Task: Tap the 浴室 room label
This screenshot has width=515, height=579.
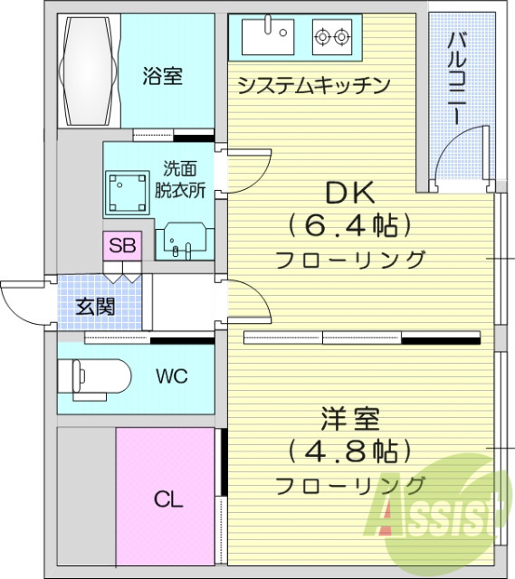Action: pyautogui.click(x=162, y=76)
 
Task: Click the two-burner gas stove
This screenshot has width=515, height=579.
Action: pyautogui.click(x=331, y=37)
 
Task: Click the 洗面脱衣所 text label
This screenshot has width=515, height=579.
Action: pyautogui.click(x=180, y=178)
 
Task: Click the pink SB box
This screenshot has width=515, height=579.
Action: pyautogui.click(x=120, y=245)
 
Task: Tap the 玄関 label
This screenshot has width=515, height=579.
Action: pyautogui.click(x=94, y=306)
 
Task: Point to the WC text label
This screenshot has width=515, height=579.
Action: pyautogui.click(x=171, y=376)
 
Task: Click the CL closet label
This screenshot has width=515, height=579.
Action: pyautogui.click(x=167, y=498)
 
